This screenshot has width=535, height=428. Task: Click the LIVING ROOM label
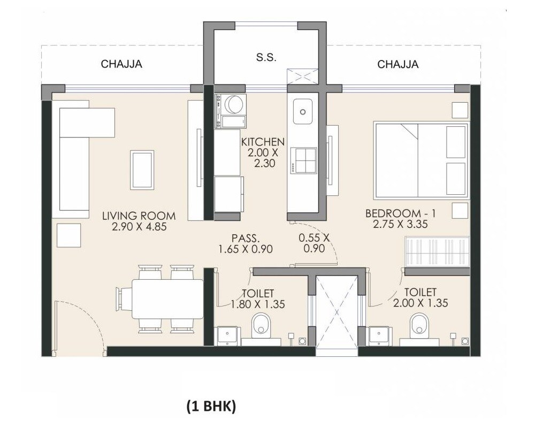tap(139, 216)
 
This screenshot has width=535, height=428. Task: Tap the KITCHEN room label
tap(262, 142)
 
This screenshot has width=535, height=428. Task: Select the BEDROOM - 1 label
tap(401, 213)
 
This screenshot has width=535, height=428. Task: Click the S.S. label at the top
tap(266, 58)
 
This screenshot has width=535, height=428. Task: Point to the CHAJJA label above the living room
tap(121, 65)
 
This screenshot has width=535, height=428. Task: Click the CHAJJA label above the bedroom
tap(398, 65)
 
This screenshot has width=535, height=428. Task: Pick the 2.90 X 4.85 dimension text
tap(139, 227)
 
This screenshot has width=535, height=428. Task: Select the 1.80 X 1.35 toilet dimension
tap(257, 304)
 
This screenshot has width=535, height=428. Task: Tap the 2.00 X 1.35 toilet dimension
tap(420, 303)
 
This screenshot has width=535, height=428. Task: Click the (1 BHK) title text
tap(211, 407)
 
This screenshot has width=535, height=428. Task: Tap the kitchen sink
tap(303, 111)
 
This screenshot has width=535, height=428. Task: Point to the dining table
tap(167, 299)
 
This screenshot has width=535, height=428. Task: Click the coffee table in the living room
tap(142, 170)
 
